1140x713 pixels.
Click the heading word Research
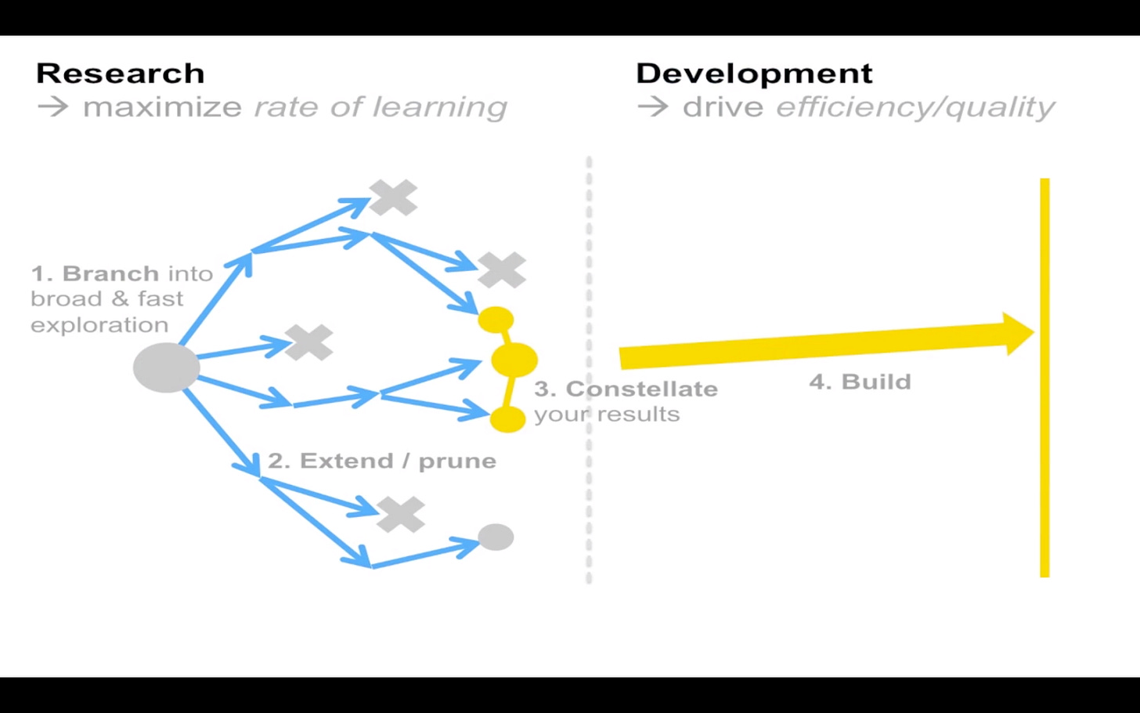coord(121,73)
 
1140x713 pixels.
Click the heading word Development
coord(754,74)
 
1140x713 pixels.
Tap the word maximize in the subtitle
coord(162,107)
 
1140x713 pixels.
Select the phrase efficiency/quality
coord(915,107)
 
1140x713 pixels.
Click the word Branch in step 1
coord(110,273)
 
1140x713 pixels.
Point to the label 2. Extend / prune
coord(382,461)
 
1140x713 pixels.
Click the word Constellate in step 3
coord(642,389)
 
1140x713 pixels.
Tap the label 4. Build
coord(860,382)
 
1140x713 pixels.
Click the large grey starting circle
coord(167,367)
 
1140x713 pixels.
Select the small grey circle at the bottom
coord(496,537)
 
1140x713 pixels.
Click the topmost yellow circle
coord(496,320)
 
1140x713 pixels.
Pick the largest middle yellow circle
coord(514,360)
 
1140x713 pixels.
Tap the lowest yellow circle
coord(507,419)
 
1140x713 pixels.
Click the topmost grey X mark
coord(393,197)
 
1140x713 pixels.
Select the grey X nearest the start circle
coord(309,342)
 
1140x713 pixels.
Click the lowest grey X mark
coord(401,514)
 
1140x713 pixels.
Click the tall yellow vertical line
coord(1044,378)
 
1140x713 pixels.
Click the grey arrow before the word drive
coord(652,107)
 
